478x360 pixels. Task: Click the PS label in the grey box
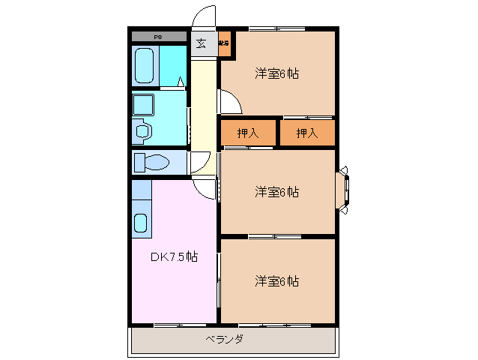(x=158, y=37)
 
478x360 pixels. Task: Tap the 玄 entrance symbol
(x=202, y=43)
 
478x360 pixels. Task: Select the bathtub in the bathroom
(x=145, y=65)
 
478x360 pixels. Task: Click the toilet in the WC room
(x=154, y=162)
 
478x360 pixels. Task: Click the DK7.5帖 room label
(x=175, y=256)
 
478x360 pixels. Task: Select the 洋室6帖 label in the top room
(x=276, y=73)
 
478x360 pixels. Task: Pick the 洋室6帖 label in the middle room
(x=276, y=192)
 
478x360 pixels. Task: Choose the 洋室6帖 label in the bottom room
(x=276, y=281)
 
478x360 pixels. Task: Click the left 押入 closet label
(x=248, y=133)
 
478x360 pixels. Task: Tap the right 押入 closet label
(x=306, y=133)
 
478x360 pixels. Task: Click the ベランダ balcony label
(x=224, y=339)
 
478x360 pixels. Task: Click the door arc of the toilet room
(x=199, y=163)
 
